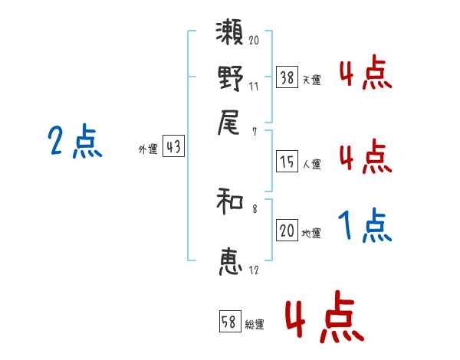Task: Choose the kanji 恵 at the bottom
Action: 231,261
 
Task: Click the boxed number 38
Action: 287,77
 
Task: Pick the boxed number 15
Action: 287,161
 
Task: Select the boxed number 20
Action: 287,231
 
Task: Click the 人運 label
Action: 311,163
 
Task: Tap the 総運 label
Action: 254,325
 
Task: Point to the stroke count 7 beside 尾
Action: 254,132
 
